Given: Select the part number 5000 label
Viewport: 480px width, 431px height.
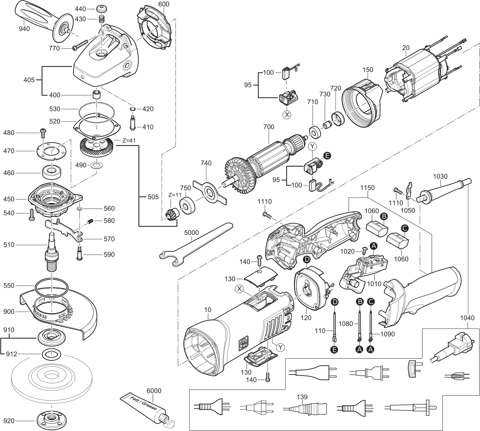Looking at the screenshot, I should (x=192, y=232).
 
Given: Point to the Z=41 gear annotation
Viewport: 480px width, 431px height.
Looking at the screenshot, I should (x=129, y=140).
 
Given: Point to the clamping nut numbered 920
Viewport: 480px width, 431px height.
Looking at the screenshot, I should (x=51, y=420).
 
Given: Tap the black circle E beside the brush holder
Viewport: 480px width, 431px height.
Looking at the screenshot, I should (x=327, y=155).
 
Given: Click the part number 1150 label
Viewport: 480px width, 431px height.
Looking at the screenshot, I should (x=368, y=188).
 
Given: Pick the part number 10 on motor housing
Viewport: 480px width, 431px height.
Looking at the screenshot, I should (x=207, y=310).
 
